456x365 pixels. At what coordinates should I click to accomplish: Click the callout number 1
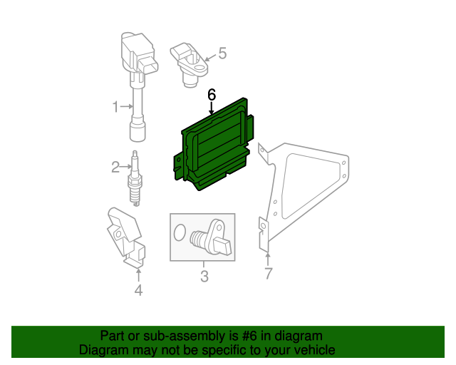point(115,107)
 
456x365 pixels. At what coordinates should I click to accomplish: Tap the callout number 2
point(115,167)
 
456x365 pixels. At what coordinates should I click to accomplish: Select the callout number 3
point(204,276)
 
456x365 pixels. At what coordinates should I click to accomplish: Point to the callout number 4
point(138,290)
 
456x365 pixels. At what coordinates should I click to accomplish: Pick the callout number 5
point(222,53)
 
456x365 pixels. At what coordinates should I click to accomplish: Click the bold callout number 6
point(212,95)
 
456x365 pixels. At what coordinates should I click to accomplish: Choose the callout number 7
point(269,273)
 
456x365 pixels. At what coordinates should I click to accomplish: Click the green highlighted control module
point(214,145)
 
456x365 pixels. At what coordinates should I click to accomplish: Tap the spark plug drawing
point(135,178)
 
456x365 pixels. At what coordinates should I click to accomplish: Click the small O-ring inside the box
point(180,232)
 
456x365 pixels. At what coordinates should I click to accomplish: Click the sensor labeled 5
point(190,65)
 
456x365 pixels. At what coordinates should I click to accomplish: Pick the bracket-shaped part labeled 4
point(126,237)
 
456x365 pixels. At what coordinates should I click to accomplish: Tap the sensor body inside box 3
point(212,237)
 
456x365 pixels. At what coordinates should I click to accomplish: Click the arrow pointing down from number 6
point(212,108)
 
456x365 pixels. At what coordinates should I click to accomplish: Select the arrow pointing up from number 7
point(268,260)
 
